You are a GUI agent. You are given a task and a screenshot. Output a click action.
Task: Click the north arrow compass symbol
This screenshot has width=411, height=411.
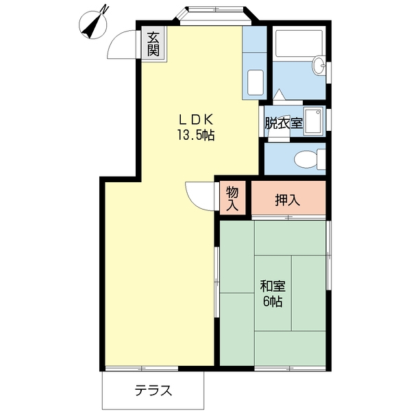pyautogui.click(x=95, y=23)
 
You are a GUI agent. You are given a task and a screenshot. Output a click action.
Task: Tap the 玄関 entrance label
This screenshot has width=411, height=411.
pyautogui.click(x=154, y=43)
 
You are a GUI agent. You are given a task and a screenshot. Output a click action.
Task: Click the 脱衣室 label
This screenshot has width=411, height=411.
pyautogui.click(x=284, y=123)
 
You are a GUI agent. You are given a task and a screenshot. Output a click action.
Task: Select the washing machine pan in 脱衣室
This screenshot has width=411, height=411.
pyautogui.click(x=314, y=122)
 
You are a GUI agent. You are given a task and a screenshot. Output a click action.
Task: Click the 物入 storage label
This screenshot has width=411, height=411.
pyautogui.click(x=232, y=197)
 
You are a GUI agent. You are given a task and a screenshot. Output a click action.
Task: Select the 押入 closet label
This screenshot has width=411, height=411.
pyautogui.click(x=287, y=200)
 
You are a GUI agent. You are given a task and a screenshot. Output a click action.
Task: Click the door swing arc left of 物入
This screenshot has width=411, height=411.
pyautogui.click(x=200, y=195)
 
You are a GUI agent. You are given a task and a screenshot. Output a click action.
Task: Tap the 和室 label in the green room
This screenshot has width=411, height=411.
pyautogui.click(x=272, y=286)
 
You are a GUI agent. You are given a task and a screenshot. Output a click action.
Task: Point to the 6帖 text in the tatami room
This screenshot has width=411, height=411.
pyautogui.click(x=272, y=302)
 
